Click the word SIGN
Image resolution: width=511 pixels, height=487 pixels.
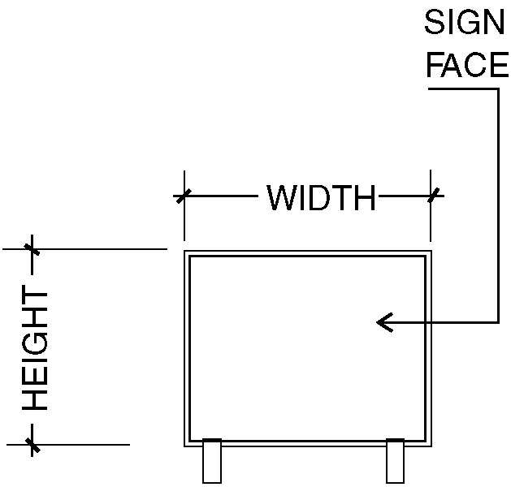pyautogui.click(x=465, y=22)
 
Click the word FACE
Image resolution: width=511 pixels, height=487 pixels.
pyautogui.click(x=468, y=65)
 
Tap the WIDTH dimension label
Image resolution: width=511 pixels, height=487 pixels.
pyautogui.click(x=322, y=197)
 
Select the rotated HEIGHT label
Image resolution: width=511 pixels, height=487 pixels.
pyautogui.click(x=35, y=347)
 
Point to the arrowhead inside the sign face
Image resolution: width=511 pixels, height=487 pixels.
pyautogui.click(x=384, y=322)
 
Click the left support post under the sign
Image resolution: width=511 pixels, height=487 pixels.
pyautogui.click(x=212, y=461)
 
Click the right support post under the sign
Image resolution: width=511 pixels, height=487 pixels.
pyautogui.click(x=396, y=461)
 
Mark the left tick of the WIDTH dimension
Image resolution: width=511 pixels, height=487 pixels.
pyautogui.click(x=184, y=196)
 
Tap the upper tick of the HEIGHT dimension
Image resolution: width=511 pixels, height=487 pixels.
pyautogui.click(x=32, y=249)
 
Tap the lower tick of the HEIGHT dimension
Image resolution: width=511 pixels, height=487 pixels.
pyautogui.click(x=32, y=445)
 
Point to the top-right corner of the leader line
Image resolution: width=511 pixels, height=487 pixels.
pyautogui.click(x=498, y=88)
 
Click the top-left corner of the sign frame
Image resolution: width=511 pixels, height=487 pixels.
pyautogui.click(x=184, y=251)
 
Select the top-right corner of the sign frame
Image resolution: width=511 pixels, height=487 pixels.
pyautogui.click(x=431, y=251)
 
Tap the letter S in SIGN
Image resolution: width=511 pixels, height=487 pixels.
pyautogui.click(x=435, y=22)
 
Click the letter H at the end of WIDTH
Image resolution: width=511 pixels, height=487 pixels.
pyautogui.click(x=366, y=197)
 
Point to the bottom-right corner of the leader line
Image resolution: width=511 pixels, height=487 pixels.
pyautogui.click(x=498, y=322)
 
